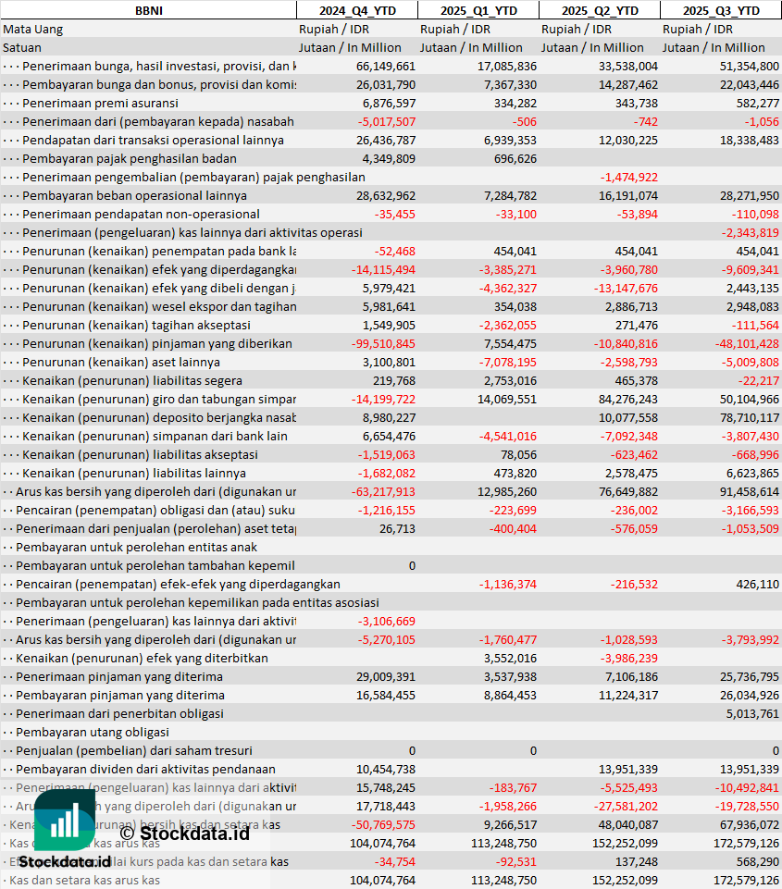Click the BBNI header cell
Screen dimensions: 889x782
(147, 10)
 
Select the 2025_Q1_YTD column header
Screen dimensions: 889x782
(478, 10)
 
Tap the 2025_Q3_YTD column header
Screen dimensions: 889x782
(721, 10)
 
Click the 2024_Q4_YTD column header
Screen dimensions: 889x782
(357, 10)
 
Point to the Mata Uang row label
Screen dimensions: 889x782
(33, 29)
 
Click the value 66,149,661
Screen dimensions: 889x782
(386, 66)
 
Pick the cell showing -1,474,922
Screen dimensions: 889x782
(629, 177)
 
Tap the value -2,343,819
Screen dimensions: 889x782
(750, 232)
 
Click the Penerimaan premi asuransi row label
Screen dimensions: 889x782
(100, 103)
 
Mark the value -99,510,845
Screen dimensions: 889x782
(385, 343)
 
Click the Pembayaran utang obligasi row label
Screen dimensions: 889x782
(93, 732)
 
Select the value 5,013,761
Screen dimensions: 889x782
(751, 713)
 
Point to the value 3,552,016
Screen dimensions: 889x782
(510, 658)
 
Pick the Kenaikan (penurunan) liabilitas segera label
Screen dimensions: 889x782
(132, 380)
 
